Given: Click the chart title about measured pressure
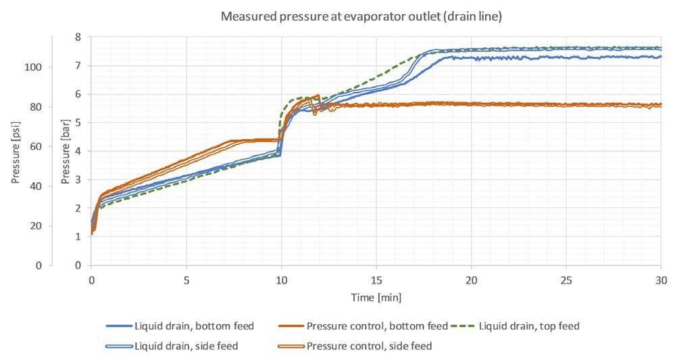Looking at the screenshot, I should pos(361,16).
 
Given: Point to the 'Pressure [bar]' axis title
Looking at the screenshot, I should pos(66,154).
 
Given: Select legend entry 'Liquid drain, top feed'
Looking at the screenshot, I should pos(529,326).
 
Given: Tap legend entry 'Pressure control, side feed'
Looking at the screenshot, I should pos(369,346).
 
